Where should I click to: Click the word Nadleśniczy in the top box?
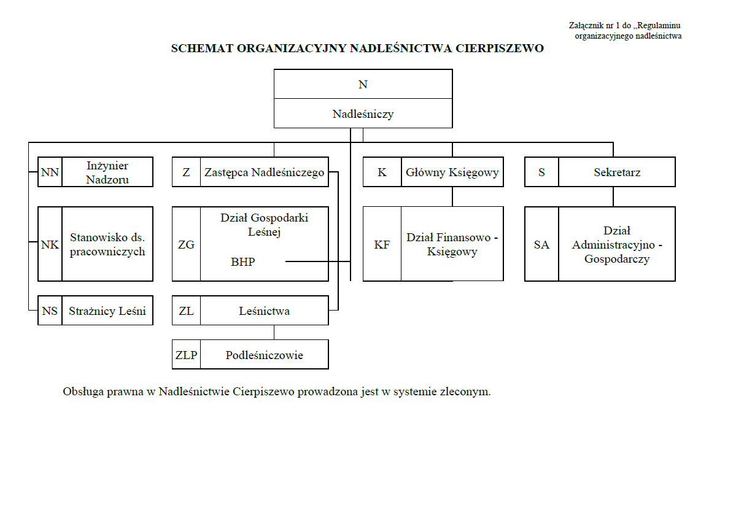tap(363, 114)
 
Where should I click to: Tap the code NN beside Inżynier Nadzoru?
tap(50, 172)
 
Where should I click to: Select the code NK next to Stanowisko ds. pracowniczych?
tap(50, 245)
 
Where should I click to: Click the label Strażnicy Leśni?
tap(107, 311)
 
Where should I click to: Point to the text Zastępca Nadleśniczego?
tap(264, 172)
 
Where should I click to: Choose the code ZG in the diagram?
tap(186, 245)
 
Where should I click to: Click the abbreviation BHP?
tap(243, 262)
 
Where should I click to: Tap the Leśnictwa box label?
tap(264, 311)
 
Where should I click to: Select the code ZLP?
tap(186, 355)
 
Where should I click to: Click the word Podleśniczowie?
tap(264, 355)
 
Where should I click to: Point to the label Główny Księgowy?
tap(452, 172)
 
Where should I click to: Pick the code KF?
tap(382, 245)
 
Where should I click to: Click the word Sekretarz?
tap(617, 172)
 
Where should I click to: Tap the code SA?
tap(541, 245)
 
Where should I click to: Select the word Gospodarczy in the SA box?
tap(617, 259)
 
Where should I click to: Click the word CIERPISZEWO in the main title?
tap(500, 48)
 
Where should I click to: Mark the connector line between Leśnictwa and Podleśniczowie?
tap(274, 333)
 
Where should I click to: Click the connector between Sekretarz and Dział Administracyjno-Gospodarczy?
tap(613, 197)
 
